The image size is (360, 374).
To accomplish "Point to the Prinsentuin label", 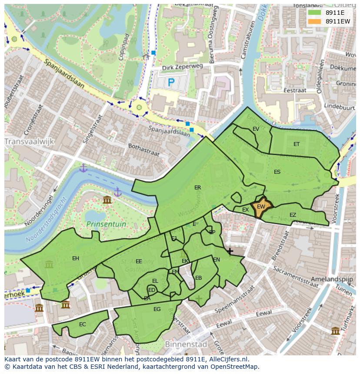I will pos(106,224).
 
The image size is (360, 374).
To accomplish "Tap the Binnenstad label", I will pos(186,344).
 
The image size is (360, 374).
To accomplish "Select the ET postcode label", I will pos(297,144).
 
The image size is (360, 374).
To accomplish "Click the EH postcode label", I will pos(76,258).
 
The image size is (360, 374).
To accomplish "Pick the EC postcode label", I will pos(83,324).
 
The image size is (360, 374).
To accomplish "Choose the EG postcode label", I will pos(157,309).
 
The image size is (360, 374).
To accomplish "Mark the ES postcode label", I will pos(277,172).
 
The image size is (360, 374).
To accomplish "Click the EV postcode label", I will pos(256,129).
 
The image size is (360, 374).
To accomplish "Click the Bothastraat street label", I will pos(144,150).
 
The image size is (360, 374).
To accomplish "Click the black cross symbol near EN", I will pos(230,251).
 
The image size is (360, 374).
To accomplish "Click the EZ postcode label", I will pos(293,215).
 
